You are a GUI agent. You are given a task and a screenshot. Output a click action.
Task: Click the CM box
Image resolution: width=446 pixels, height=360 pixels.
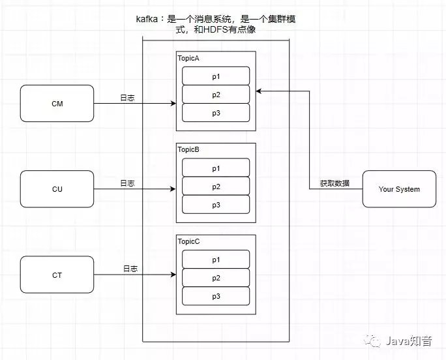(57, 104)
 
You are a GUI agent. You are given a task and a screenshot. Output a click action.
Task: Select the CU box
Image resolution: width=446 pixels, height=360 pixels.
(57, 189)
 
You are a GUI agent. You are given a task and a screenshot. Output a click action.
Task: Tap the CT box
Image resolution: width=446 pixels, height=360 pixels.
(57, 275)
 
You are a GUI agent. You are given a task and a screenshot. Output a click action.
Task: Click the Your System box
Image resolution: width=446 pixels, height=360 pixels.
(399, 189)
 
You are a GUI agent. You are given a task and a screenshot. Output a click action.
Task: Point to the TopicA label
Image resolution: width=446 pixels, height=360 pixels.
(189, 59)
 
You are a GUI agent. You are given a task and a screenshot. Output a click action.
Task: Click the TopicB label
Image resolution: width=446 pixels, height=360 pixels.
(189, 150)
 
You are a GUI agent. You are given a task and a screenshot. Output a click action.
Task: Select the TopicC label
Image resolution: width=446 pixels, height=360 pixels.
(189, 241)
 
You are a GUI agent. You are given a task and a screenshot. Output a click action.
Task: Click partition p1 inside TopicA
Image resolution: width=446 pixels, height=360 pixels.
(215, 76)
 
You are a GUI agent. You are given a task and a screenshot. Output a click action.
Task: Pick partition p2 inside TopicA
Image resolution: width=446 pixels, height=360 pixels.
(215, 95)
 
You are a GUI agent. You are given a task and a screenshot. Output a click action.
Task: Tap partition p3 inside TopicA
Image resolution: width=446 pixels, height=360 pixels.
(215, 113)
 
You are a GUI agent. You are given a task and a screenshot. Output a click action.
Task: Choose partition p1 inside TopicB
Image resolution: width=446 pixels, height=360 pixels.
(215, 168)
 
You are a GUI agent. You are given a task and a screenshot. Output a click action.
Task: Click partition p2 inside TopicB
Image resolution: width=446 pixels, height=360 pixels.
(215, 187)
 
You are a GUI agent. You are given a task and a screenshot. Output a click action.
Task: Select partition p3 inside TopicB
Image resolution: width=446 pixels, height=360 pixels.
(215, 205)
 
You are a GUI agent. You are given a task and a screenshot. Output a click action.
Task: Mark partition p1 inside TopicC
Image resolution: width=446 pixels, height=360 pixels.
(215, 260)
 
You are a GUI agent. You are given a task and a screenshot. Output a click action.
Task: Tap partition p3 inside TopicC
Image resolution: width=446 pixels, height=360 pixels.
(215, 296)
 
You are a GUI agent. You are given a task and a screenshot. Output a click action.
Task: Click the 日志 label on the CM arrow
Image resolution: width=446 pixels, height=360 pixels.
(127, 98)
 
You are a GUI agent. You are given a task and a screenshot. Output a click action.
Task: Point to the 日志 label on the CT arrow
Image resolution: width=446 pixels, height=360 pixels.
(130, 269)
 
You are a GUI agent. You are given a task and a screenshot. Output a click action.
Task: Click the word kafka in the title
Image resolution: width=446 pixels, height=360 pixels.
(145, 20)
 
